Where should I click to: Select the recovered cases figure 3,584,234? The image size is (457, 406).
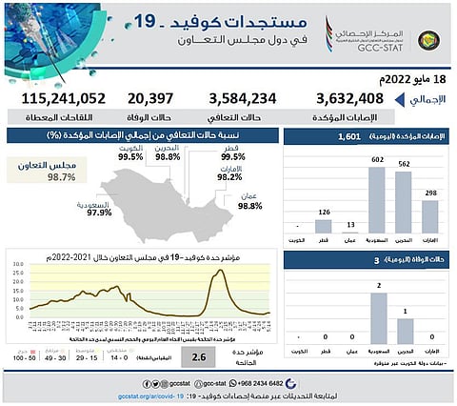point(245,98)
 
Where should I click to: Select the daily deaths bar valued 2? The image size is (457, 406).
point(377,317)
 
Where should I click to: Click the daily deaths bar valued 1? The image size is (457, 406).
point(405,330)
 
